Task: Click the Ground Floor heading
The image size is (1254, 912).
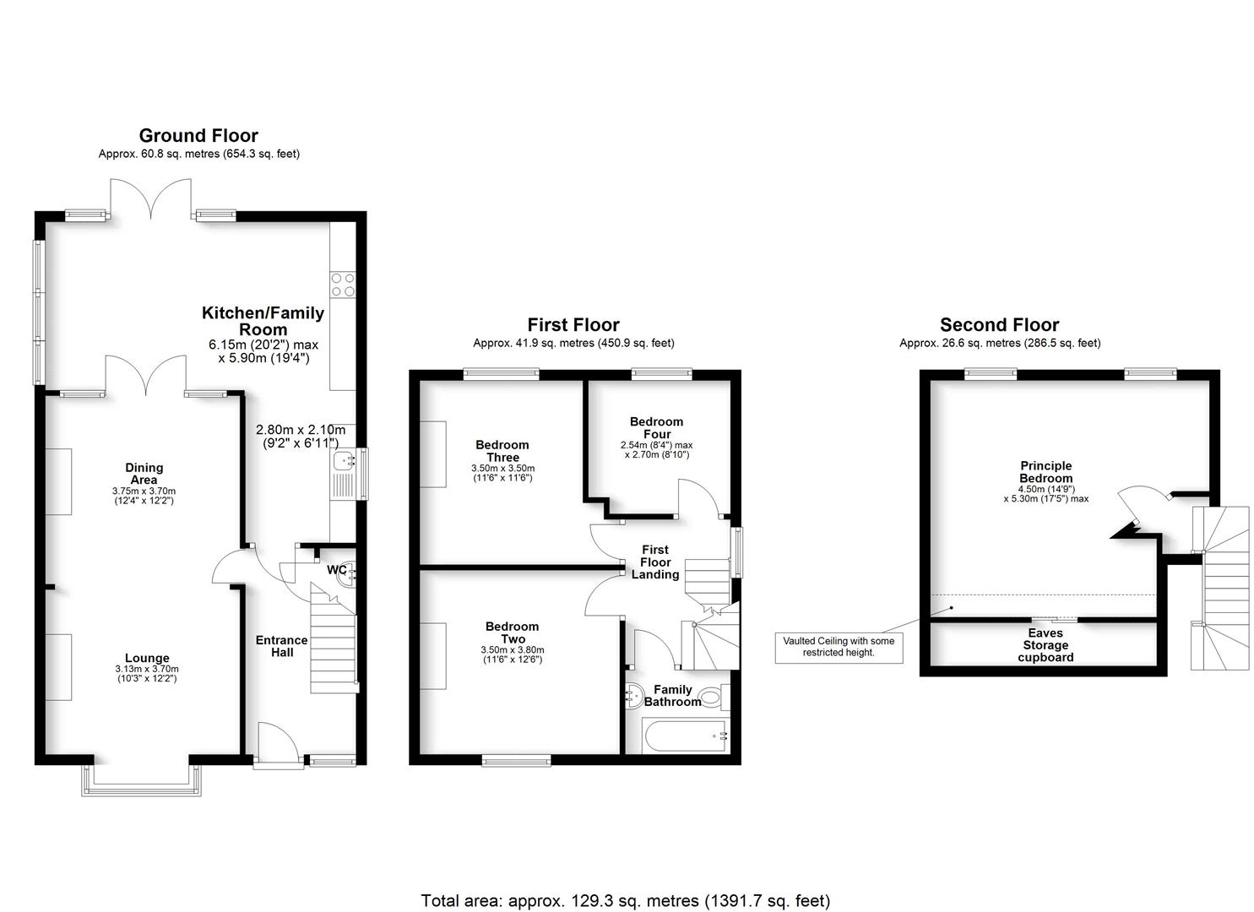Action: pos(198,135)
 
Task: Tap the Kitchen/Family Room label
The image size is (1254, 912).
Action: pos(263,321)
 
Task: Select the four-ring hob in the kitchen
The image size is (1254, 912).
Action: pos(344,285)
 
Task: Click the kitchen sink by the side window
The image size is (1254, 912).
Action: pos(344,461)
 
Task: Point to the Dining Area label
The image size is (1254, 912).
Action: pos(144,473)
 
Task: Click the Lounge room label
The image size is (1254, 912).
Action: pos(147,658)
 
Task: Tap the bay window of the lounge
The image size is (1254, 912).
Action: pos(142,781)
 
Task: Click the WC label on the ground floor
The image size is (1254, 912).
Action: pos(336,570)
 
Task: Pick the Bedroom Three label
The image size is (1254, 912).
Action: pos(502,451)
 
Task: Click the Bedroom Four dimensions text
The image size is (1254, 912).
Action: pos(658,449)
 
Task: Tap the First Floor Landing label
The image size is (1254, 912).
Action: pos(655,562)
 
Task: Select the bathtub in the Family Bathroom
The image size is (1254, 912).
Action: pos(685,736)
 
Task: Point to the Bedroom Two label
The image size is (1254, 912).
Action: pos(512,632)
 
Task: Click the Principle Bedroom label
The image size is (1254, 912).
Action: pos(1045,471)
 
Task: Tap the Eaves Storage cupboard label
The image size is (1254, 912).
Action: pos(1045,645)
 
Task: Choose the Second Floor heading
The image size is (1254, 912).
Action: pos(999,325)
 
